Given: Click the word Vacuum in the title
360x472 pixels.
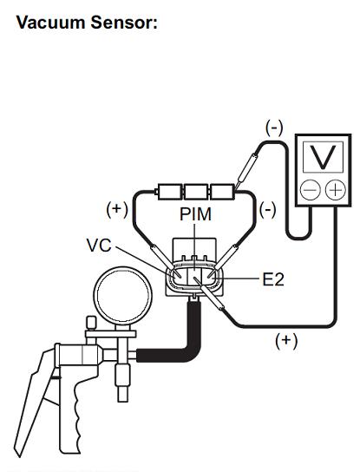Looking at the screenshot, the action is point(50,23).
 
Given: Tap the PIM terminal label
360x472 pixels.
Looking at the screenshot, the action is point(195,214).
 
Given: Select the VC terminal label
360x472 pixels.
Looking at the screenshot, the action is point(99,245).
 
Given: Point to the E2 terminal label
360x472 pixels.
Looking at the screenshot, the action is point(273,279).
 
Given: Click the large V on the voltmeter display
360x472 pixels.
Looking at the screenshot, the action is point(323,157).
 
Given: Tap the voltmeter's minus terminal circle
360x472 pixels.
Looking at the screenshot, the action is point(310,190).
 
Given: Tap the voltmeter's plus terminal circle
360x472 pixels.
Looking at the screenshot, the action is point(336,190).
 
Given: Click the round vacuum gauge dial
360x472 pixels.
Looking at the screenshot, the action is point(122,295).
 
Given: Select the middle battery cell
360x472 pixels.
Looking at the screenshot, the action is point(196,192).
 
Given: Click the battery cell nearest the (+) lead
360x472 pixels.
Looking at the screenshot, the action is point(170,192).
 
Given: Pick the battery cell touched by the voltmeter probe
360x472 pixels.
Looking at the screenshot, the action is point(222,192).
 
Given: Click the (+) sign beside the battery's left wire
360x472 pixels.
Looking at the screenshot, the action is point(117,209).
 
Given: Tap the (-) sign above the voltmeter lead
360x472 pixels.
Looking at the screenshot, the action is point(274,128).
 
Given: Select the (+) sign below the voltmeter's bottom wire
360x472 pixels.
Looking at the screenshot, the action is point(286,340).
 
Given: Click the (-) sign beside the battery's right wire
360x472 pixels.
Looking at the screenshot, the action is point(267,209).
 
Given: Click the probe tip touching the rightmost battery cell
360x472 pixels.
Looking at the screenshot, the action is point(236,187).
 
